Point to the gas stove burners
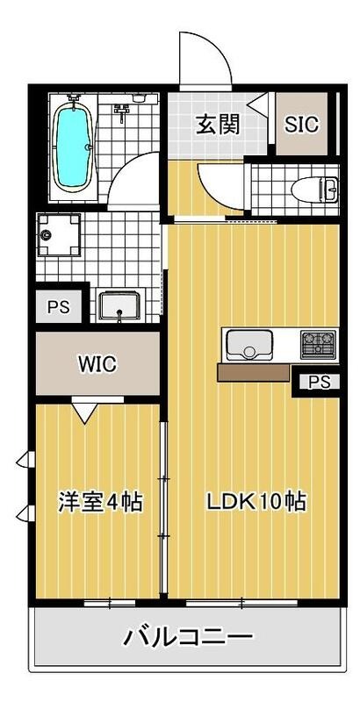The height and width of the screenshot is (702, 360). [318, 344]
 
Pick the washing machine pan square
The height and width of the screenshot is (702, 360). [60, 236]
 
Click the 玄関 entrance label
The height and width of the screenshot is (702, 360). [217, 124]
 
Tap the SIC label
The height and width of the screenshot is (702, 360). [302, 125]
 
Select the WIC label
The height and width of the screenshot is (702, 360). [97, 363]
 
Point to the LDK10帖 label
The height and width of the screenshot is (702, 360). [256, 503]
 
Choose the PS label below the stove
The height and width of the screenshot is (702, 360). [319, 382]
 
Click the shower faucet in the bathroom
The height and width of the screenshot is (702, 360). [123, 110]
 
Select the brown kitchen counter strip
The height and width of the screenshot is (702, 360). [254, 373]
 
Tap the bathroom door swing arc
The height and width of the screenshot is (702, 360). [136, 175]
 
